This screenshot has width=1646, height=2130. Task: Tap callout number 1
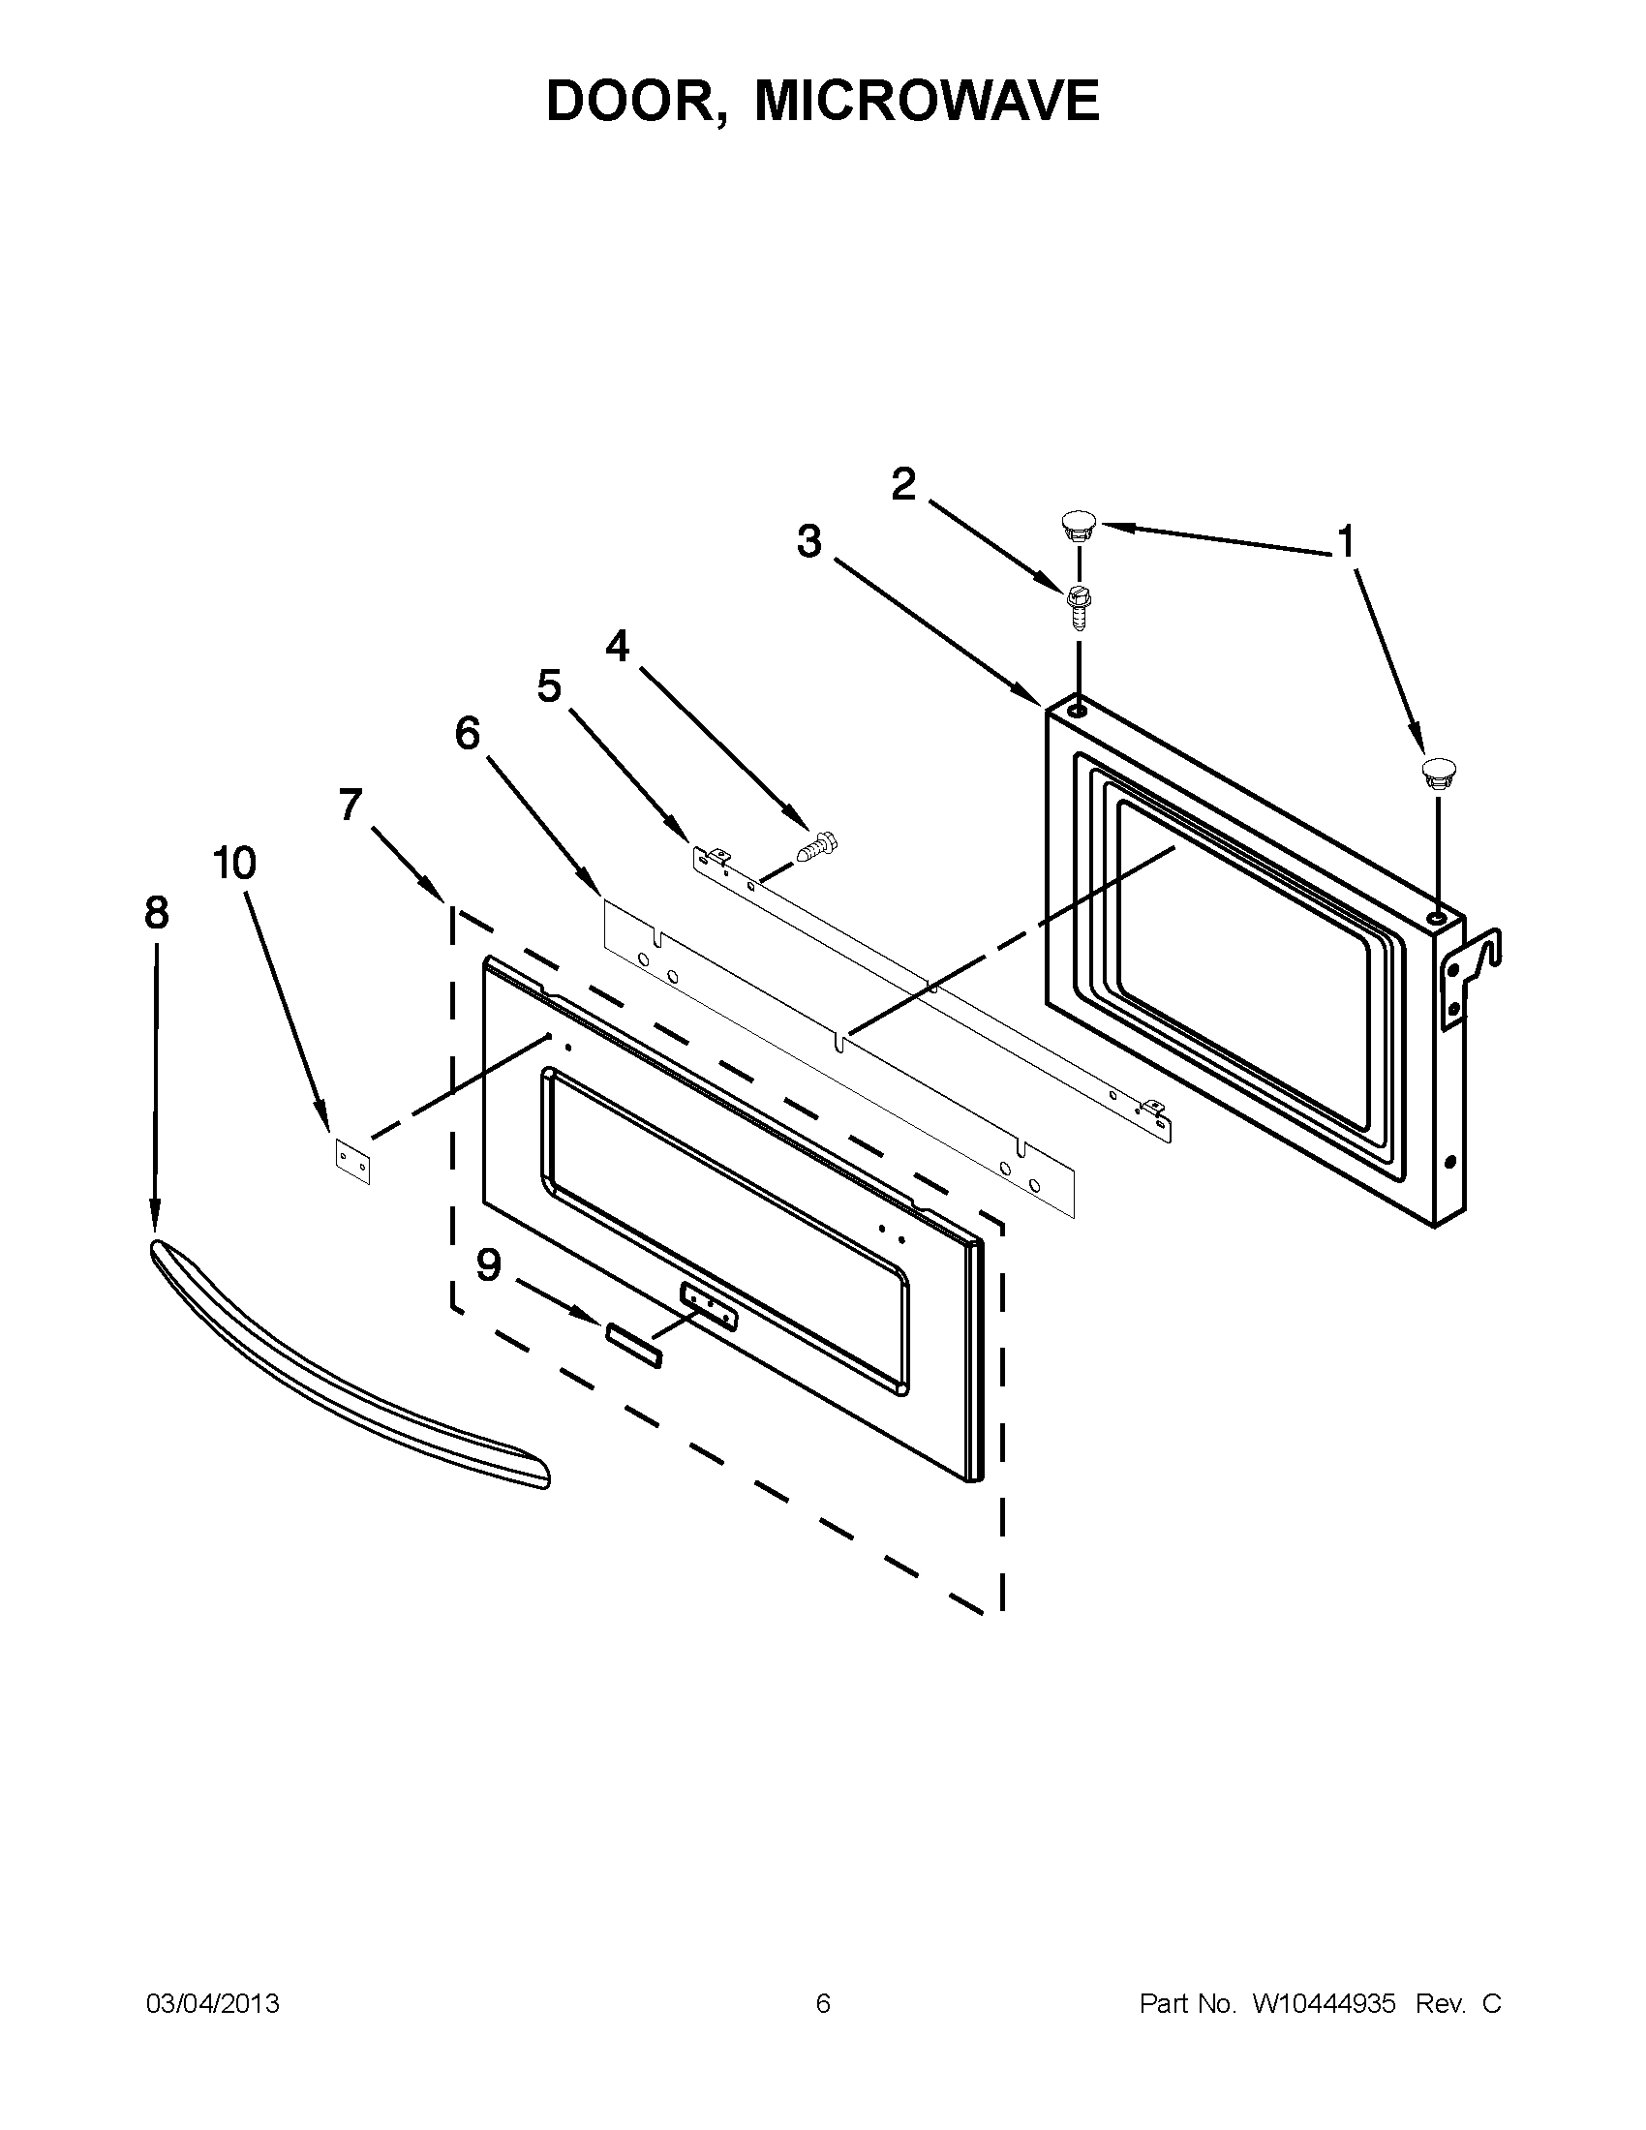(x=1346, y=542)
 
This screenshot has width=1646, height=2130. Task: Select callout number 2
(x=904, y=485)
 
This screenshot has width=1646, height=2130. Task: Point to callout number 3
(x=808, y=541)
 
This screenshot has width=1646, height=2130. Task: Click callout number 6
(x=468, y=734)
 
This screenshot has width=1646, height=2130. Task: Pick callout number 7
(x=351, y=806)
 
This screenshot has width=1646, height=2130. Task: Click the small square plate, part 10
(x=353, y=1162)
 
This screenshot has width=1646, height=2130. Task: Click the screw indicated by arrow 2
(x=1079, y=607)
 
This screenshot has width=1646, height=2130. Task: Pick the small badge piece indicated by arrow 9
(x=634, y=1345)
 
